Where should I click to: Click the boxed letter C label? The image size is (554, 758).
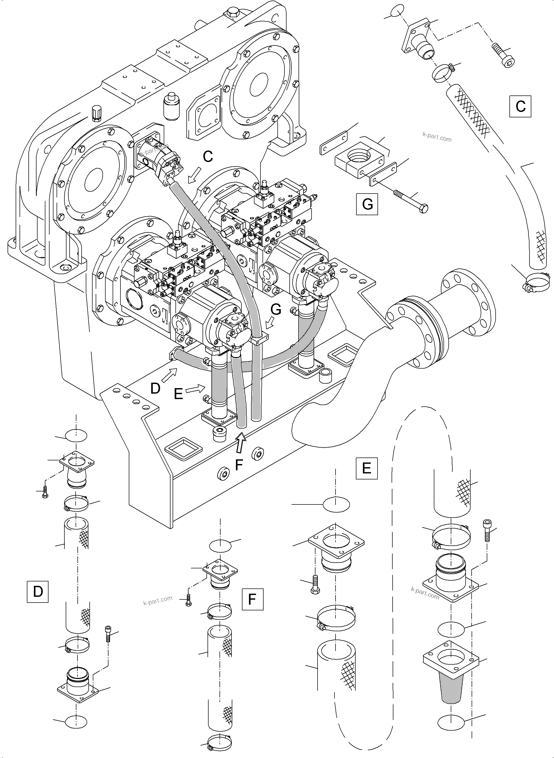(520, 106)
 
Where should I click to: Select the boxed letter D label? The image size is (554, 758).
(38, 591)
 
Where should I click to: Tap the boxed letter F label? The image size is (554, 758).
(252, 599)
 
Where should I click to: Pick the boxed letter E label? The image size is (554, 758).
(367, 468)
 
